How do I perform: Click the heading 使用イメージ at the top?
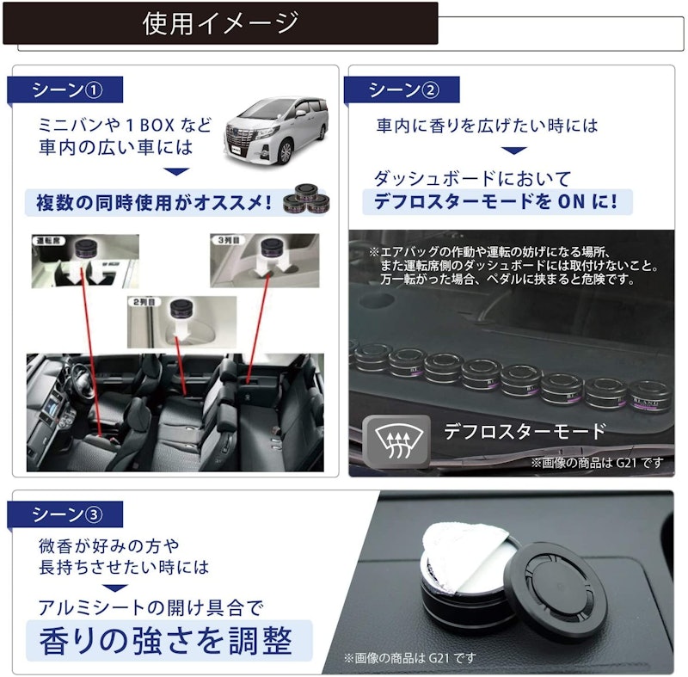pos(221,23)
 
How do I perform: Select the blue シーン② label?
pos(402,89)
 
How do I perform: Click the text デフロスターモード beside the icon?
pos(525,431)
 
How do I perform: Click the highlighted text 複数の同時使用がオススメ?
pos(154,203)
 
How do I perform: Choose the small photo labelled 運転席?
pos(85,260)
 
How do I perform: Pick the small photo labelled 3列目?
pos(266,260)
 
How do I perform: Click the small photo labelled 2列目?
pos(181,322)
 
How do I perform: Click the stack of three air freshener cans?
pos(310,199)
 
